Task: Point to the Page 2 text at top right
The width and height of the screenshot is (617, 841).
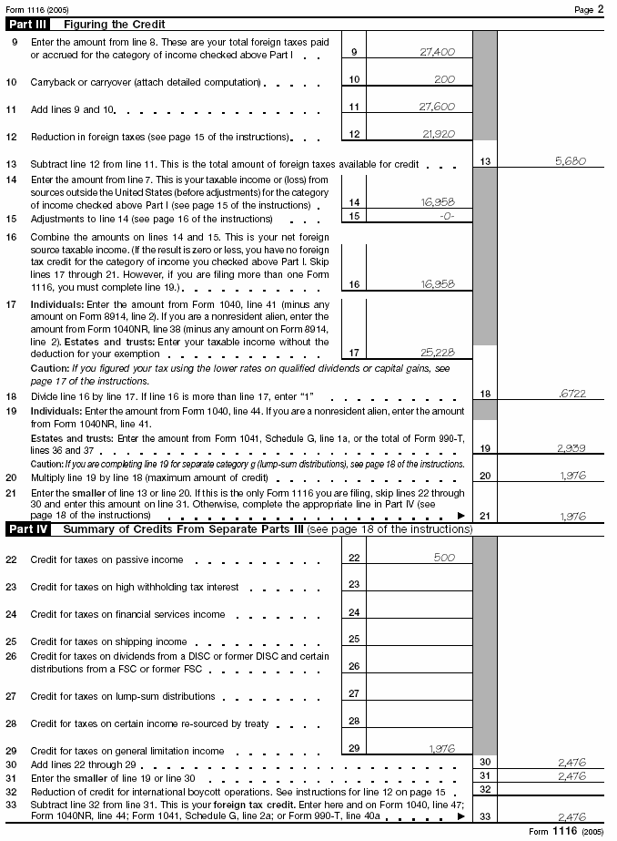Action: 595,8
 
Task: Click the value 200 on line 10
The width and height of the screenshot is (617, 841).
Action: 444,80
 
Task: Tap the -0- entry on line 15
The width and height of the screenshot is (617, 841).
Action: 445,217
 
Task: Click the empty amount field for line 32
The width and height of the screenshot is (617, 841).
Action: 554,789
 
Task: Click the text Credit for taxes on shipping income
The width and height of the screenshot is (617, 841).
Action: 108,641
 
